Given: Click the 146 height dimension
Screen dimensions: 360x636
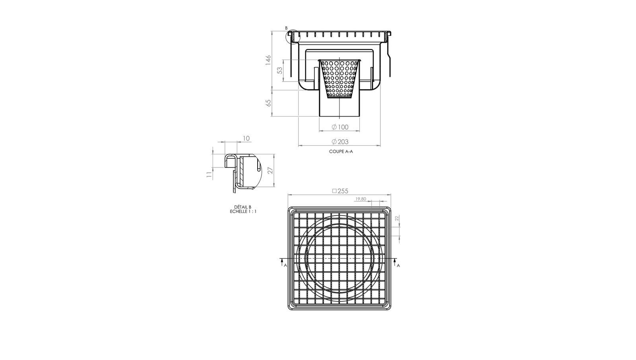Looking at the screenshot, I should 268,60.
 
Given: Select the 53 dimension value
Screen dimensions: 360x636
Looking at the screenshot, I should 280,70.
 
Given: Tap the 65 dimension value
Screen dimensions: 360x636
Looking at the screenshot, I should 268,103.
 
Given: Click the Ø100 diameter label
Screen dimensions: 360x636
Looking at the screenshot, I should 340,127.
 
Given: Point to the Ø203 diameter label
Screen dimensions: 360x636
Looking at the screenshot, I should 340,142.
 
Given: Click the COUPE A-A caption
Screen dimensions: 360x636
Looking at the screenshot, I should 341,152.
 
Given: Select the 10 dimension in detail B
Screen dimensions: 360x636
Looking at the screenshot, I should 246,138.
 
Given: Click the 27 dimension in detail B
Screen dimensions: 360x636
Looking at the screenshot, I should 270,170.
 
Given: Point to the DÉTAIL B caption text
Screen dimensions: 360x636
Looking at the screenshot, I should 243,207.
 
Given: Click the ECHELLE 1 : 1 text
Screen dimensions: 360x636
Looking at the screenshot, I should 243,211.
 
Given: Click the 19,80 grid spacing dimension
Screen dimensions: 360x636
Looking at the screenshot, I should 361,199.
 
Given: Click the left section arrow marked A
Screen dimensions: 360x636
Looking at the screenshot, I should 282,263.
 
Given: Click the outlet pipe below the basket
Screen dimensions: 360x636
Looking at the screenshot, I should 339,107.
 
